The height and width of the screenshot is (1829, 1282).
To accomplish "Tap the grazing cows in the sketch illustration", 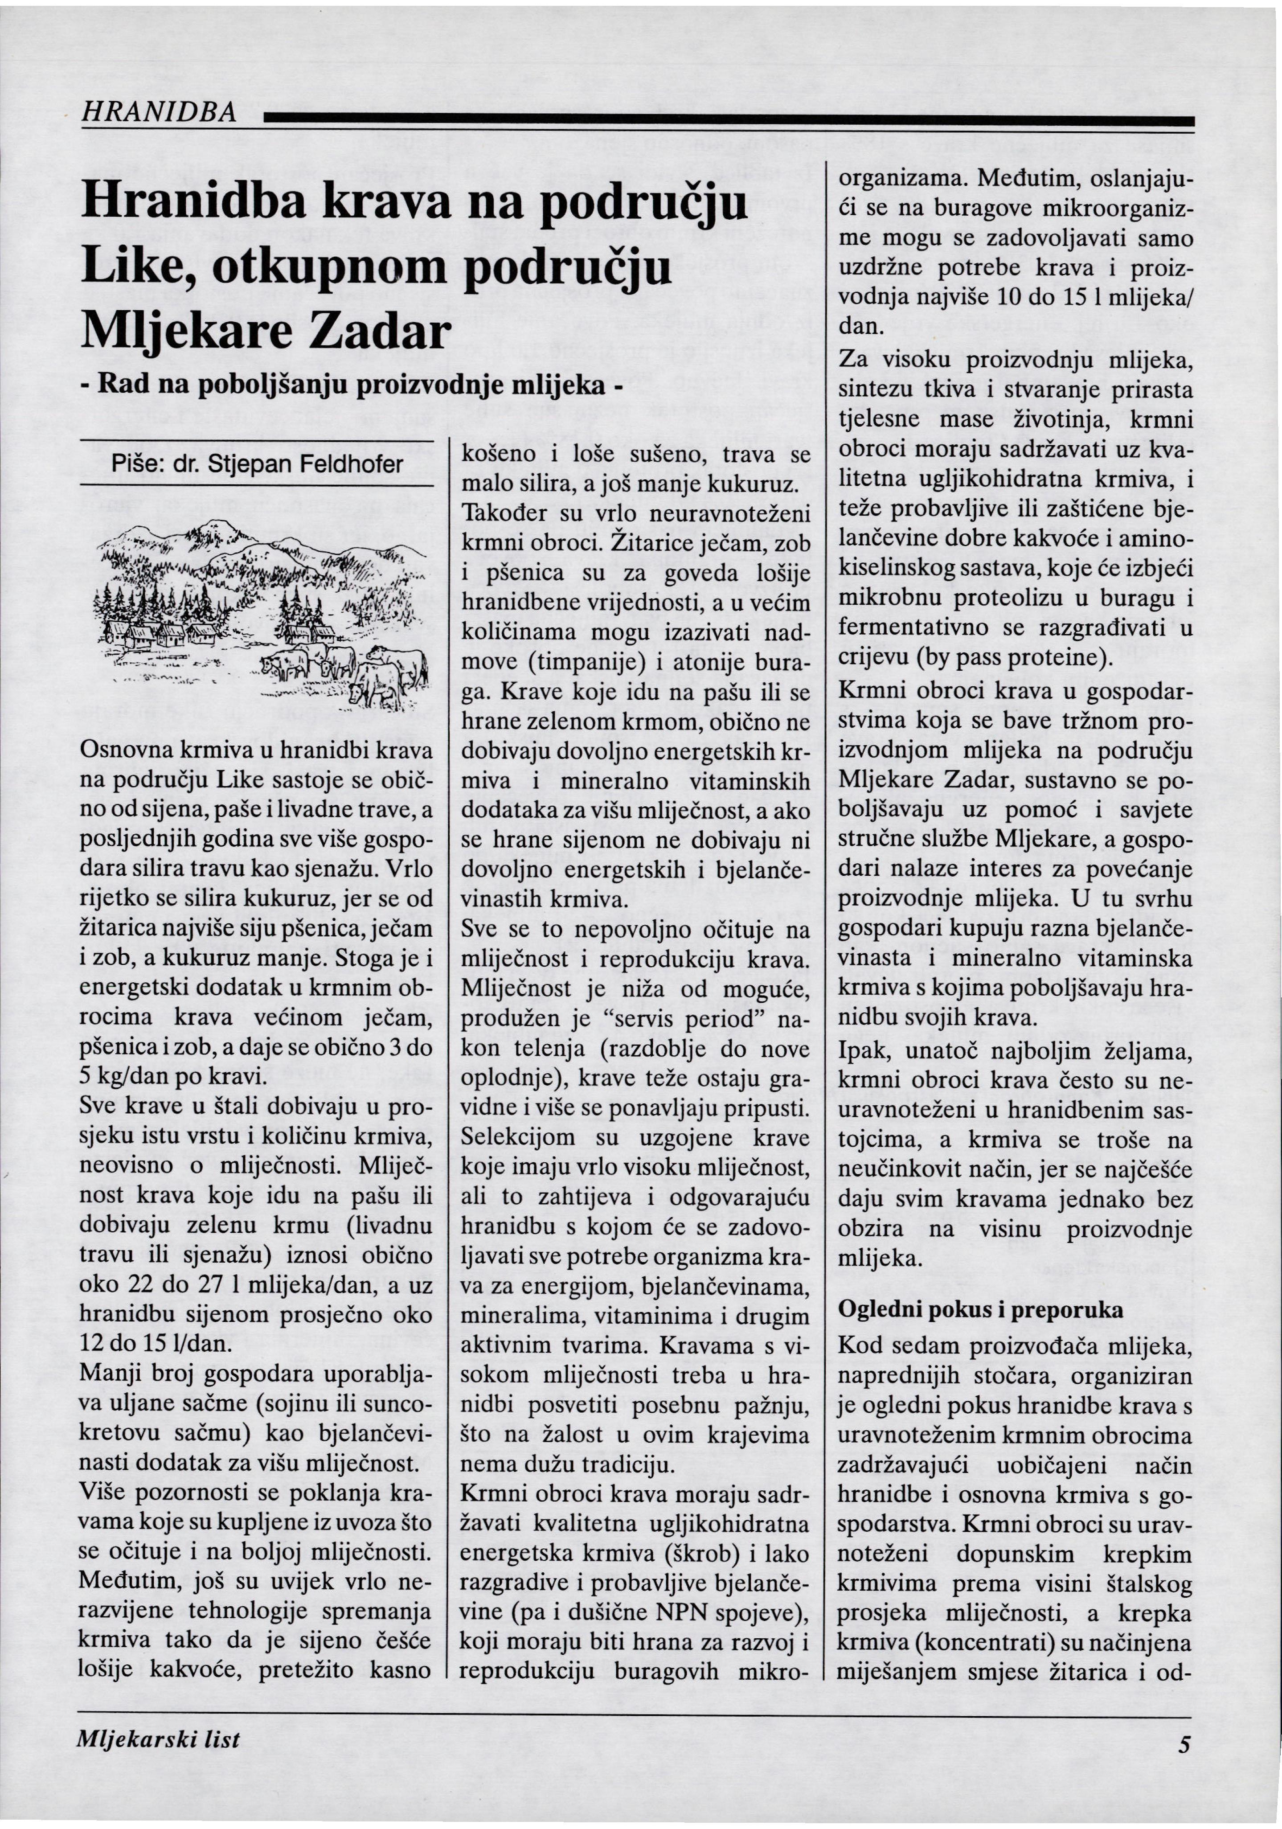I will click(350, 666).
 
